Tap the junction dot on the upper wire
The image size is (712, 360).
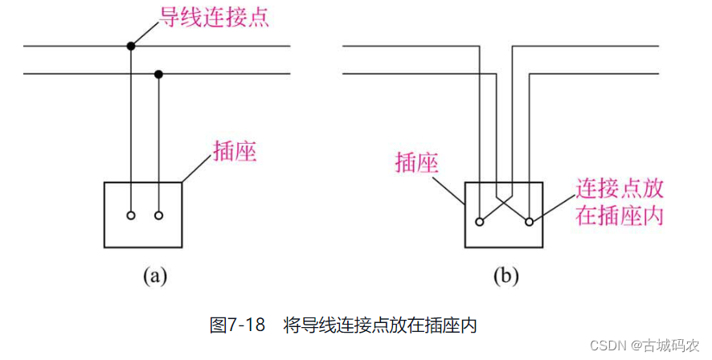coord(130,47)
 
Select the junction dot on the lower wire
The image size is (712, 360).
coord(159,75)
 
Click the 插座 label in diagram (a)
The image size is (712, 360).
coord(234,151)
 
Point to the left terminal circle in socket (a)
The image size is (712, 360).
coord(130,215)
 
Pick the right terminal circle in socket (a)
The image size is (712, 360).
coord(159,215)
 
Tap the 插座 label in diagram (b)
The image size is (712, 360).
coord(417,163)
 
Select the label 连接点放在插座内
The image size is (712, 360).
coord(619,202)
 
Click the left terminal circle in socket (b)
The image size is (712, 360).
coord(480,221)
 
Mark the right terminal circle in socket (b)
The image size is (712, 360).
coord(529,221)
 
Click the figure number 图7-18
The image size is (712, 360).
coord(237,325)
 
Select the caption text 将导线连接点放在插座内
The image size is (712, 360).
coord(381,325)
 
